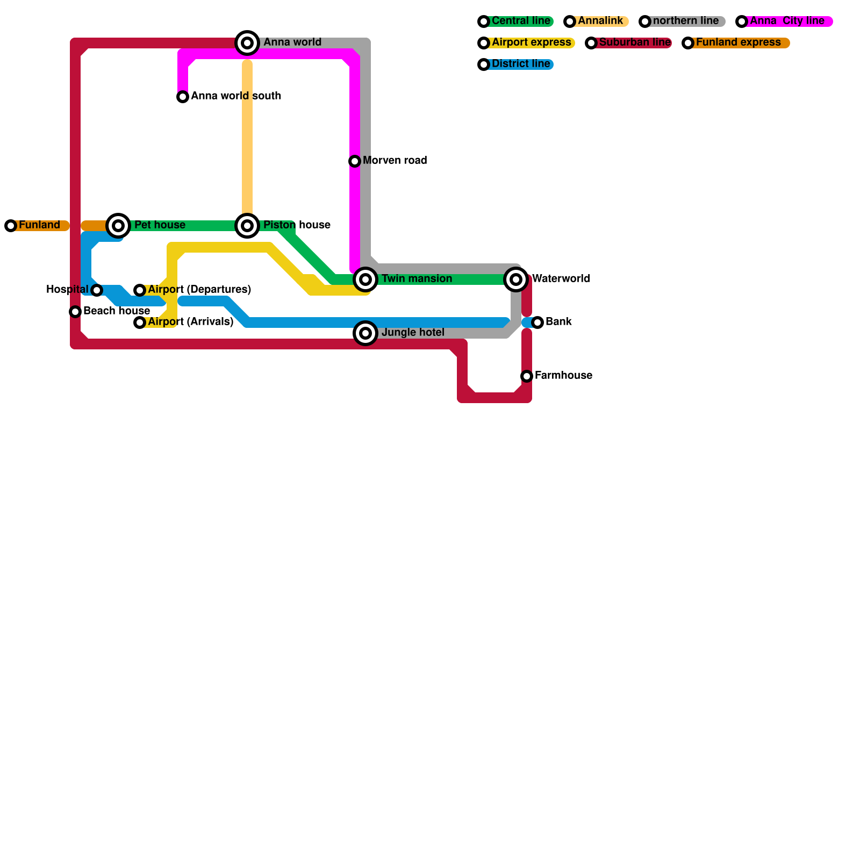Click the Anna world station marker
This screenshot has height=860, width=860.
point(247,43)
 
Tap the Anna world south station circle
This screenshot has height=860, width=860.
point(183,97)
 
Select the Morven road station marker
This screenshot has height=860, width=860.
point(355,161)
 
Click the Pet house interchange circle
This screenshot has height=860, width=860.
point(118,226)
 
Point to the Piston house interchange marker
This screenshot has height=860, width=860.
point(247,226)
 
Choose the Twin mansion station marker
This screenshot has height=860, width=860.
point(365,279)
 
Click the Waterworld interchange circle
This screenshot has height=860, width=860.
point(516,279)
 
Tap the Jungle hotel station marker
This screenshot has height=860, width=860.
point(365,333)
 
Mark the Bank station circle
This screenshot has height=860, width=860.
point(537,322)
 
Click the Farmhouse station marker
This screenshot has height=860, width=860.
point(527,376)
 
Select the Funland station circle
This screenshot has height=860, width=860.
point(11,226)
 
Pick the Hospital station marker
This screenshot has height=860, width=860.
point(97,290)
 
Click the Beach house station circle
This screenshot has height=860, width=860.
point(75,312)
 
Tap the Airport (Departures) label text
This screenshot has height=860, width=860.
point(199,290)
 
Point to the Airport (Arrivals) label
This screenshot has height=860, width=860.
point(190,322)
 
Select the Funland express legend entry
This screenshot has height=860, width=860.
point(738,43)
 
